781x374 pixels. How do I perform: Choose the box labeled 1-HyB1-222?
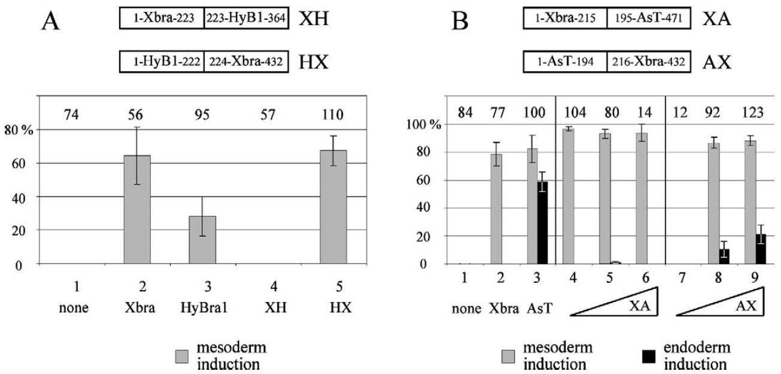(x=161, y=61)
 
